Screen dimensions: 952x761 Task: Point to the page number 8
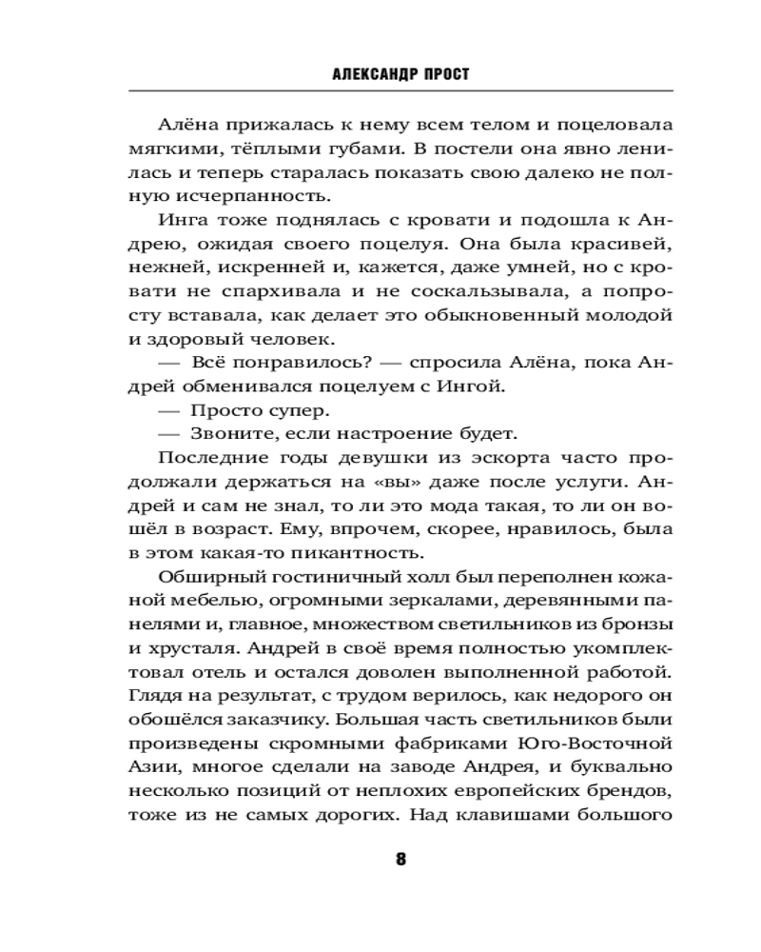[400, 859]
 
